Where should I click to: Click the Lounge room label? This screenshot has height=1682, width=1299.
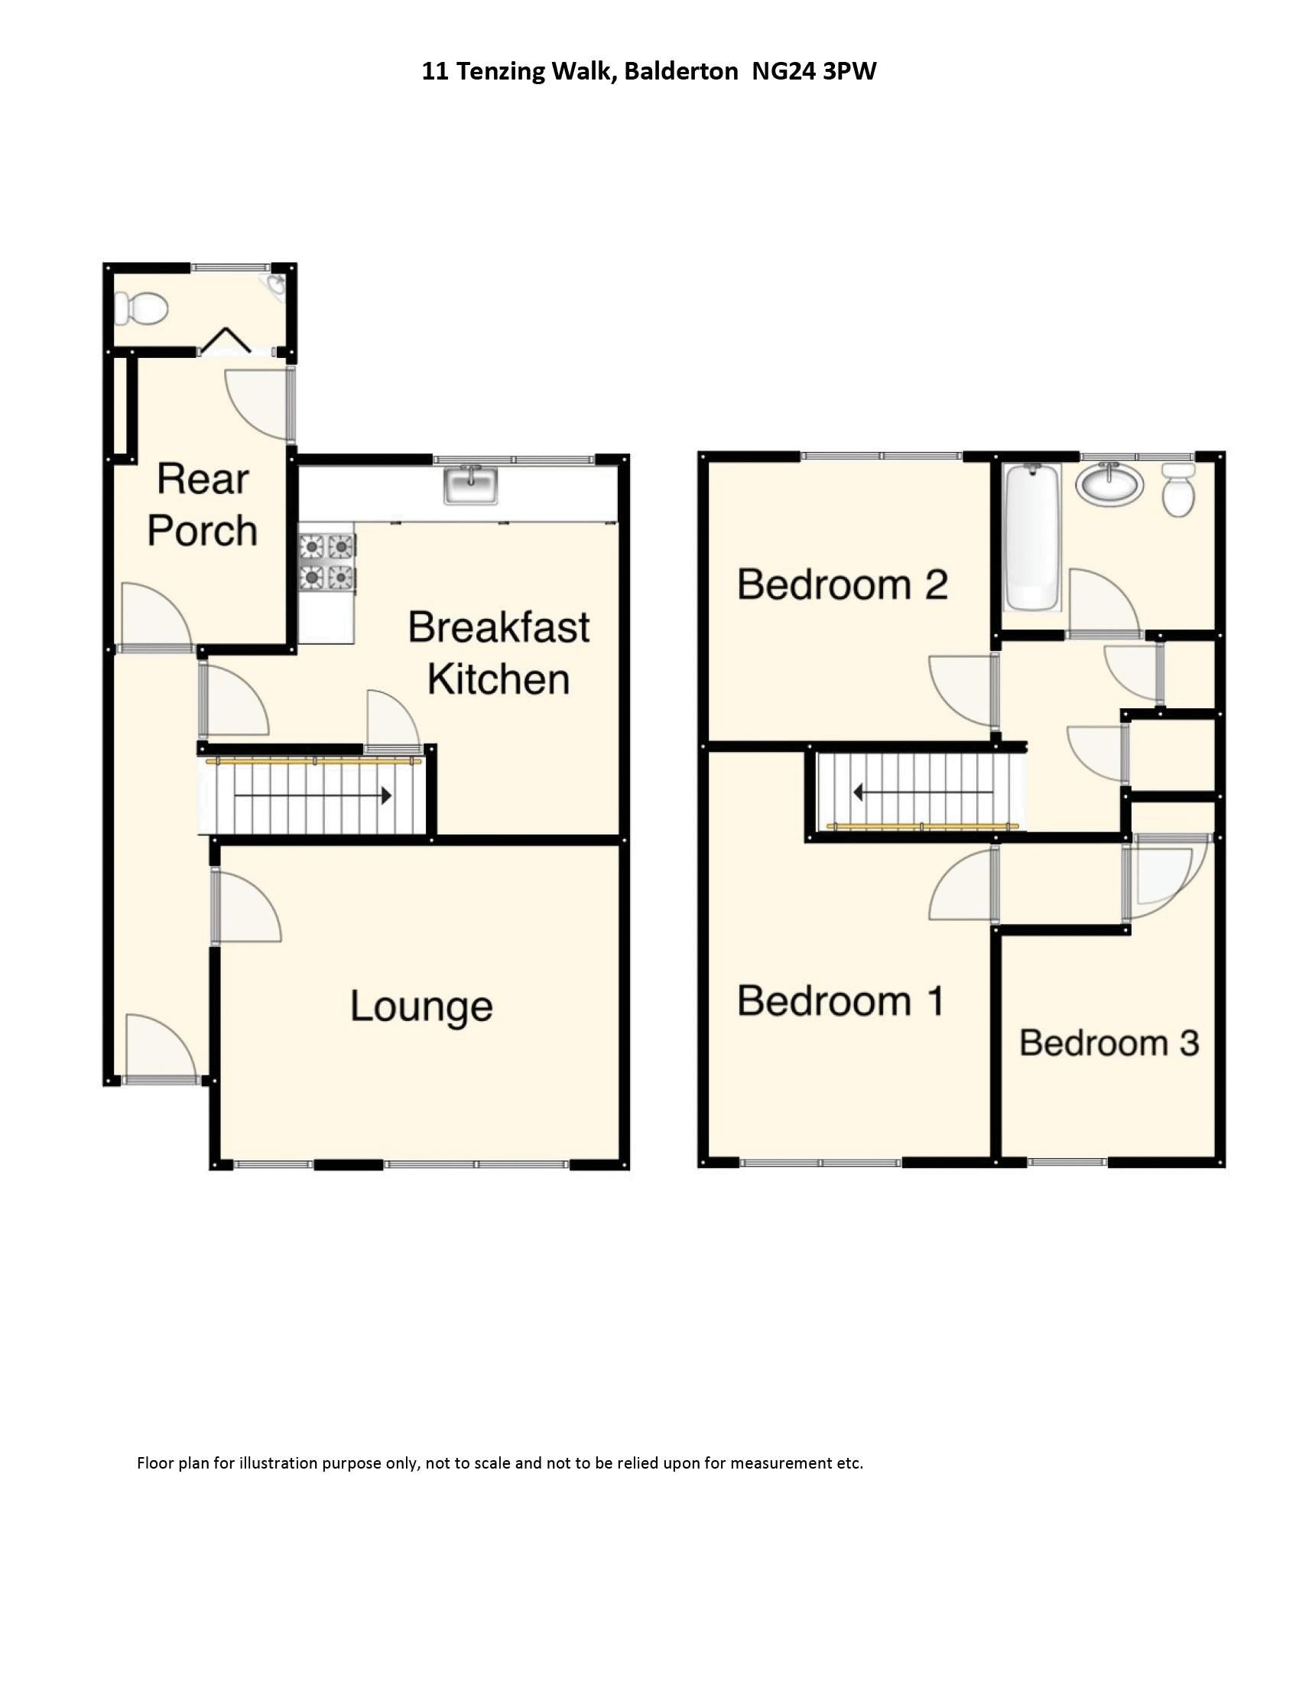[x=421, y=1007]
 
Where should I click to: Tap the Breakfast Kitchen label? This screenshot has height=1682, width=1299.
[x=499, y=653]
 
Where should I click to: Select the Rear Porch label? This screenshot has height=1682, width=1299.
[x=203, y=506]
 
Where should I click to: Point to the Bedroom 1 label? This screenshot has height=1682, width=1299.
[x=840, y=1001]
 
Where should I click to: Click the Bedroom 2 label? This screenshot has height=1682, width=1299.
[x=843, y=584]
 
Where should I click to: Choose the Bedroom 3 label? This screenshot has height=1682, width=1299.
[x=1109, y=1043]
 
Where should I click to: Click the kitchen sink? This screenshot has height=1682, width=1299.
[x=470, y=485]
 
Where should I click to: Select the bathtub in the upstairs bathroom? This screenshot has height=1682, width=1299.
[x=1032, y=537]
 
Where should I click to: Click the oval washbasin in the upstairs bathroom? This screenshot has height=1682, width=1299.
[x=1109, y=483]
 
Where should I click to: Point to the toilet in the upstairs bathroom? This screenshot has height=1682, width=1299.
[x=1177, y=490]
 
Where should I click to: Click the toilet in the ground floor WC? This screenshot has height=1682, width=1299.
[x=141, y=309]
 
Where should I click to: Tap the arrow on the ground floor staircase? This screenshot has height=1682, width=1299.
[x=313, y=795]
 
